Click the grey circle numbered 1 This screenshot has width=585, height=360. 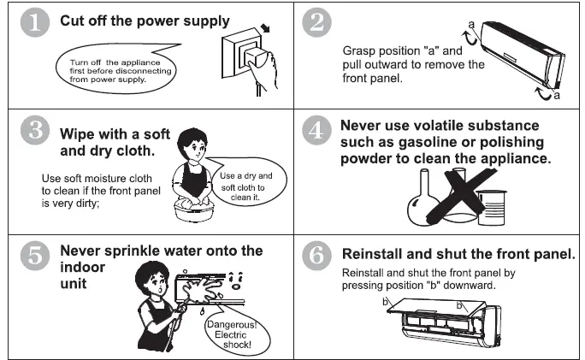[x=35, y=22]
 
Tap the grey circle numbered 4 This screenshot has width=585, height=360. [x=316, y=130]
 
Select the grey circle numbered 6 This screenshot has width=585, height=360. [x=316, y=256]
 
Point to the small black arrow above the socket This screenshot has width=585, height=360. [x=265, y=28]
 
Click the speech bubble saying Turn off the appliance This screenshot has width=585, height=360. [x=116, y=69]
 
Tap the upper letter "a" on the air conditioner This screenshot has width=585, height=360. [x=471, y=25]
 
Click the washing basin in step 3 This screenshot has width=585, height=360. [x=194, y=211]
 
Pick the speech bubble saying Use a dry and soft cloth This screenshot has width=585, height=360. [x=246, y=181]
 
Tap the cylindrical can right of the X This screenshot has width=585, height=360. [x=492, y=208]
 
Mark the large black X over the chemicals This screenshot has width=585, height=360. [x=462, y=195]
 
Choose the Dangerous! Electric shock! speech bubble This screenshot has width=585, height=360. [x=235, y=332]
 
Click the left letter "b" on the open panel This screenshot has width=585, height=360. [x=386, y=301]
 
